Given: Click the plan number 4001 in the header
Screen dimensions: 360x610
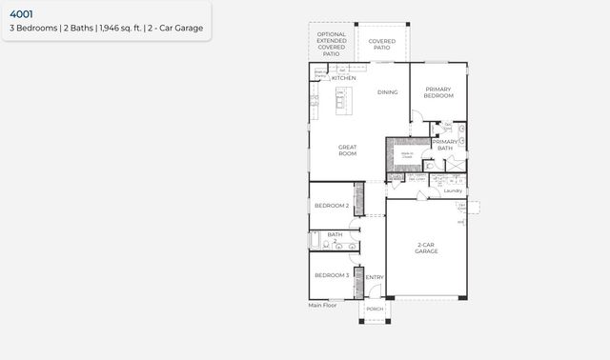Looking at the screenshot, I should (x=21, y=14).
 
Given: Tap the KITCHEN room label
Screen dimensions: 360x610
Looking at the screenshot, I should (x=344, y=78).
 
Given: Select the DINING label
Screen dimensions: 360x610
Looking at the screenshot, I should (x=387, y=92).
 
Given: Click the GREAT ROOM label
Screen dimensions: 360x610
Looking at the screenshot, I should (x=347, y=150).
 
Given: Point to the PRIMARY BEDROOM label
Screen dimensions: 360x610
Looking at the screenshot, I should (x=438, y=92).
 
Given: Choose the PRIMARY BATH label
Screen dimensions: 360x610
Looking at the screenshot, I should (x=445, y=146).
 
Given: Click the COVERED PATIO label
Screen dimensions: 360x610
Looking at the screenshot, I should (x=382, y=44).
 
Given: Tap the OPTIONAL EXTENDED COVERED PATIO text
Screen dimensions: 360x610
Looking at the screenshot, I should (x=332, y=45).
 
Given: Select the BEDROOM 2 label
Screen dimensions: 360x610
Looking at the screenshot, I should (x=332, y=206).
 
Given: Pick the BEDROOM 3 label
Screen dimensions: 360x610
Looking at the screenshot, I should (x=332, y=275).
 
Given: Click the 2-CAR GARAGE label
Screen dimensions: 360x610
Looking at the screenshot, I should (x=427, y=249).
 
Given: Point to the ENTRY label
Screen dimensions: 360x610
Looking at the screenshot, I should (x=375, y=278).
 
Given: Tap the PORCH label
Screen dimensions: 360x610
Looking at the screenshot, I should (x=375, y=309).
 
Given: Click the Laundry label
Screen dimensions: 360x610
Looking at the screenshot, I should (x=453, y=190).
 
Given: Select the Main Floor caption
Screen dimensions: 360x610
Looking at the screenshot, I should (x=322, y=306).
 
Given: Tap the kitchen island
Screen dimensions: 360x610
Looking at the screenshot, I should (x=340, y=99).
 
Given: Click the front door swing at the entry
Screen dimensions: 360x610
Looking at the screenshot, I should (x=370, y=290).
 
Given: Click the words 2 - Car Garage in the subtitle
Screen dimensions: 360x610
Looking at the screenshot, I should (x=176, y=29).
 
